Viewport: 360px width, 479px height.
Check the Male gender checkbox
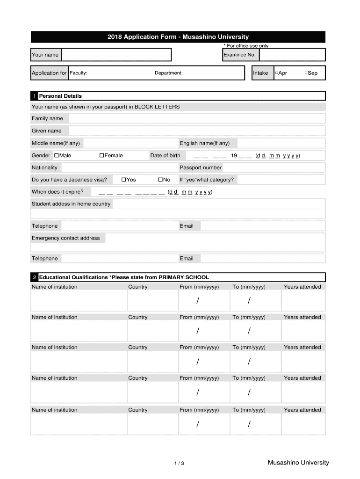[x=57, y=155]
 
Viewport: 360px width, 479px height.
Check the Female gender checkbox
[x=101, y=155]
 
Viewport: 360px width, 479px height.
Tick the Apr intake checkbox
[x=277, y=73]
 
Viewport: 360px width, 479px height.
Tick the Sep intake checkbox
[x=306, y=73]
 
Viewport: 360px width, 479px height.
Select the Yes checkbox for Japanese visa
[x=124, y=180]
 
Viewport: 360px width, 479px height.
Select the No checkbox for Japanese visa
[x=160, y=180]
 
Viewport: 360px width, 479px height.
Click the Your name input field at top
[x=116, y=55]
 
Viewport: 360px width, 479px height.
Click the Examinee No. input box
[x=292, y=55]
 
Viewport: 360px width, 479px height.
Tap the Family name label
[x=47, y=118]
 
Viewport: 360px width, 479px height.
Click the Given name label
[x=46, y=131]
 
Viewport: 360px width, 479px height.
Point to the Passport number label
[x=201, y=167]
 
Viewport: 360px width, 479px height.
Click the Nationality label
[x=44, y=167]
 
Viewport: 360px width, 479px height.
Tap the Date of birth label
[x=165, y=155]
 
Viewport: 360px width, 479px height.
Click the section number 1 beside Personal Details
[x=34, y=96]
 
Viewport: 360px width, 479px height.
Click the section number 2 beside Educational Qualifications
[x=34, y=277]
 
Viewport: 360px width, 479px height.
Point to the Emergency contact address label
[x=65, y=238]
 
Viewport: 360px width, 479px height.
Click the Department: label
[x=168, y=73]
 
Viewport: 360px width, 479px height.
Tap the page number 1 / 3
[x=179, y=464]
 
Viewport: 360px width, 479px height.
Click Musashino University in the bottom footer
[x=298, y=463]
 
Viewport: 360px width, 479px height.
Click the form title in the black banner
[x=178, y=37]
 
